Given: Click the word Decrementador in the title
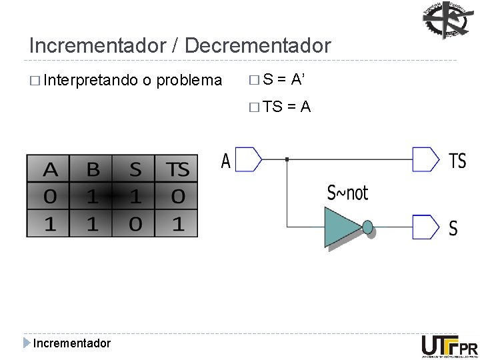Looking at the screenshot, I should pyautogui.click(x=257, y=45).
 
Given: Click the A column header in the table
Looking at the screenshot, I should pyautogui.click(x=50, y=170).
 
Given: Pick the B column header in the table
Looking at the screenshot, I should pyautogui.click(x=93, y=170).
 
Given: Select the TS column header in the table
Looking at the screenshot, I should pyautogui.click(x=177, y=170).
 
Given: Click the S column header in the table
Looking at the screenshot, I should pyautogui.click(x=135, y=170).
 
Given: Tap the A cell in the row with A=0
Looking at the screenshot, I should pyautogui.click(x=50, y=197).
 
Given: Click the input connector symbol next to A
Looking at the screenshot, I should pyautogui.click(x=249, y=159).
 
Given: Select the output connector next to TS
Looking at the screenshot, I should pyautogui.click(x=426, y=159).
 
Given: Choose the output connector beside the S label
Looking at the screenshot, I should pyautogui.click(x=426, y=227).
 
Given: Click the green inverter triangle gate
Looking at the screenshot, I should pyautogui.click(x=342, y=227).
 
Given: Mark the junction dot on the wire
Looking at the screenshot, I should pyautogui.click(x=286, y=159).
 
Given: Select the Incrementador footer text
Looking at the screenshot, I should pyautogui.click(x=72, y=343).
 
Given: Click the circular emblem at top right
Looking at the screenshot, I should pyautogui.click(x=446, y=20).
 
